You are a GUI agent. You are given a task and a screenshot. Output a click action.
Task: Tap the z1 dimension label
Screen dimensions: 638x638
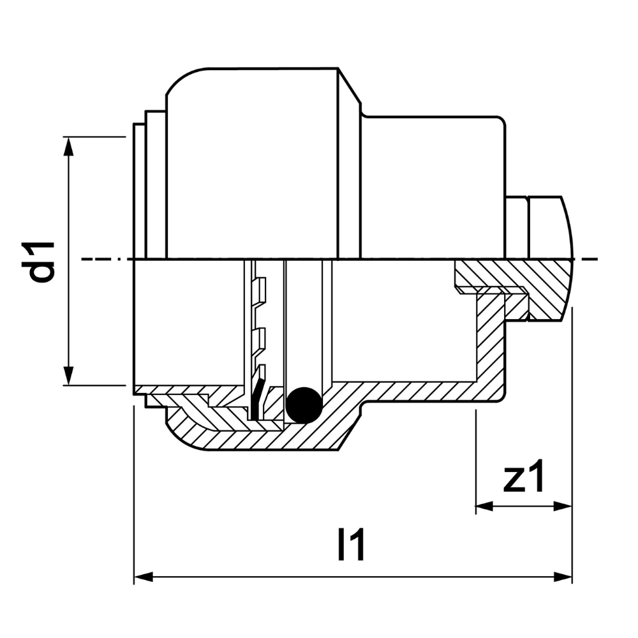point(524,477)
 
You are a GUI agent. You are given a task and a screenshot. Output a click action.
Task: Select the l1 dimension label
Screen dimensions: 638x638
point(350,545)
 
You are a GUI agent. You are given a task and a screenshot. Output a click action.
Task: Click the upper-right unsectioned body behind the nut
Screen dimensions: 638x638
point(434,185)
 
